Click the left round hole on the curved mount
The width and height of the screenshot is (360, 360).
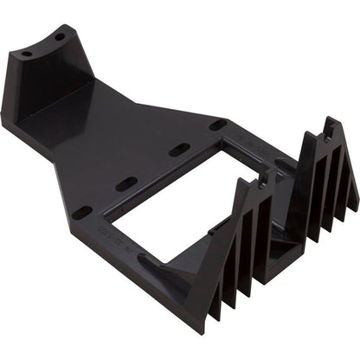click(x=27, y=54)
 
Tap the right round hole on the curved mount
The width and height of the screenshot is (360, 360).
click(x=60, y=39)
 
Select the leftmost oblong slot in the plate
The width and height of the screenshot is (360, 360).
click(x=83, y=211)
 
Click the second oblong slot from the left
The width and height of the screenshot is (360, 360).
click(x=127, y=183)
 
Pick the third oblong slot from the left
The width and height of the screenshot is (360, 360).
click(x=179, y=151)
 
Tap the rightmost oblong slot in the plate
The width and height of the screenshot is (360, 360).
click(x=218, y=125)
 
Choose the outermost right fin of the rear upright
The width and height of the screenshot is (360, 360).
click(x=350, y=199)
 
